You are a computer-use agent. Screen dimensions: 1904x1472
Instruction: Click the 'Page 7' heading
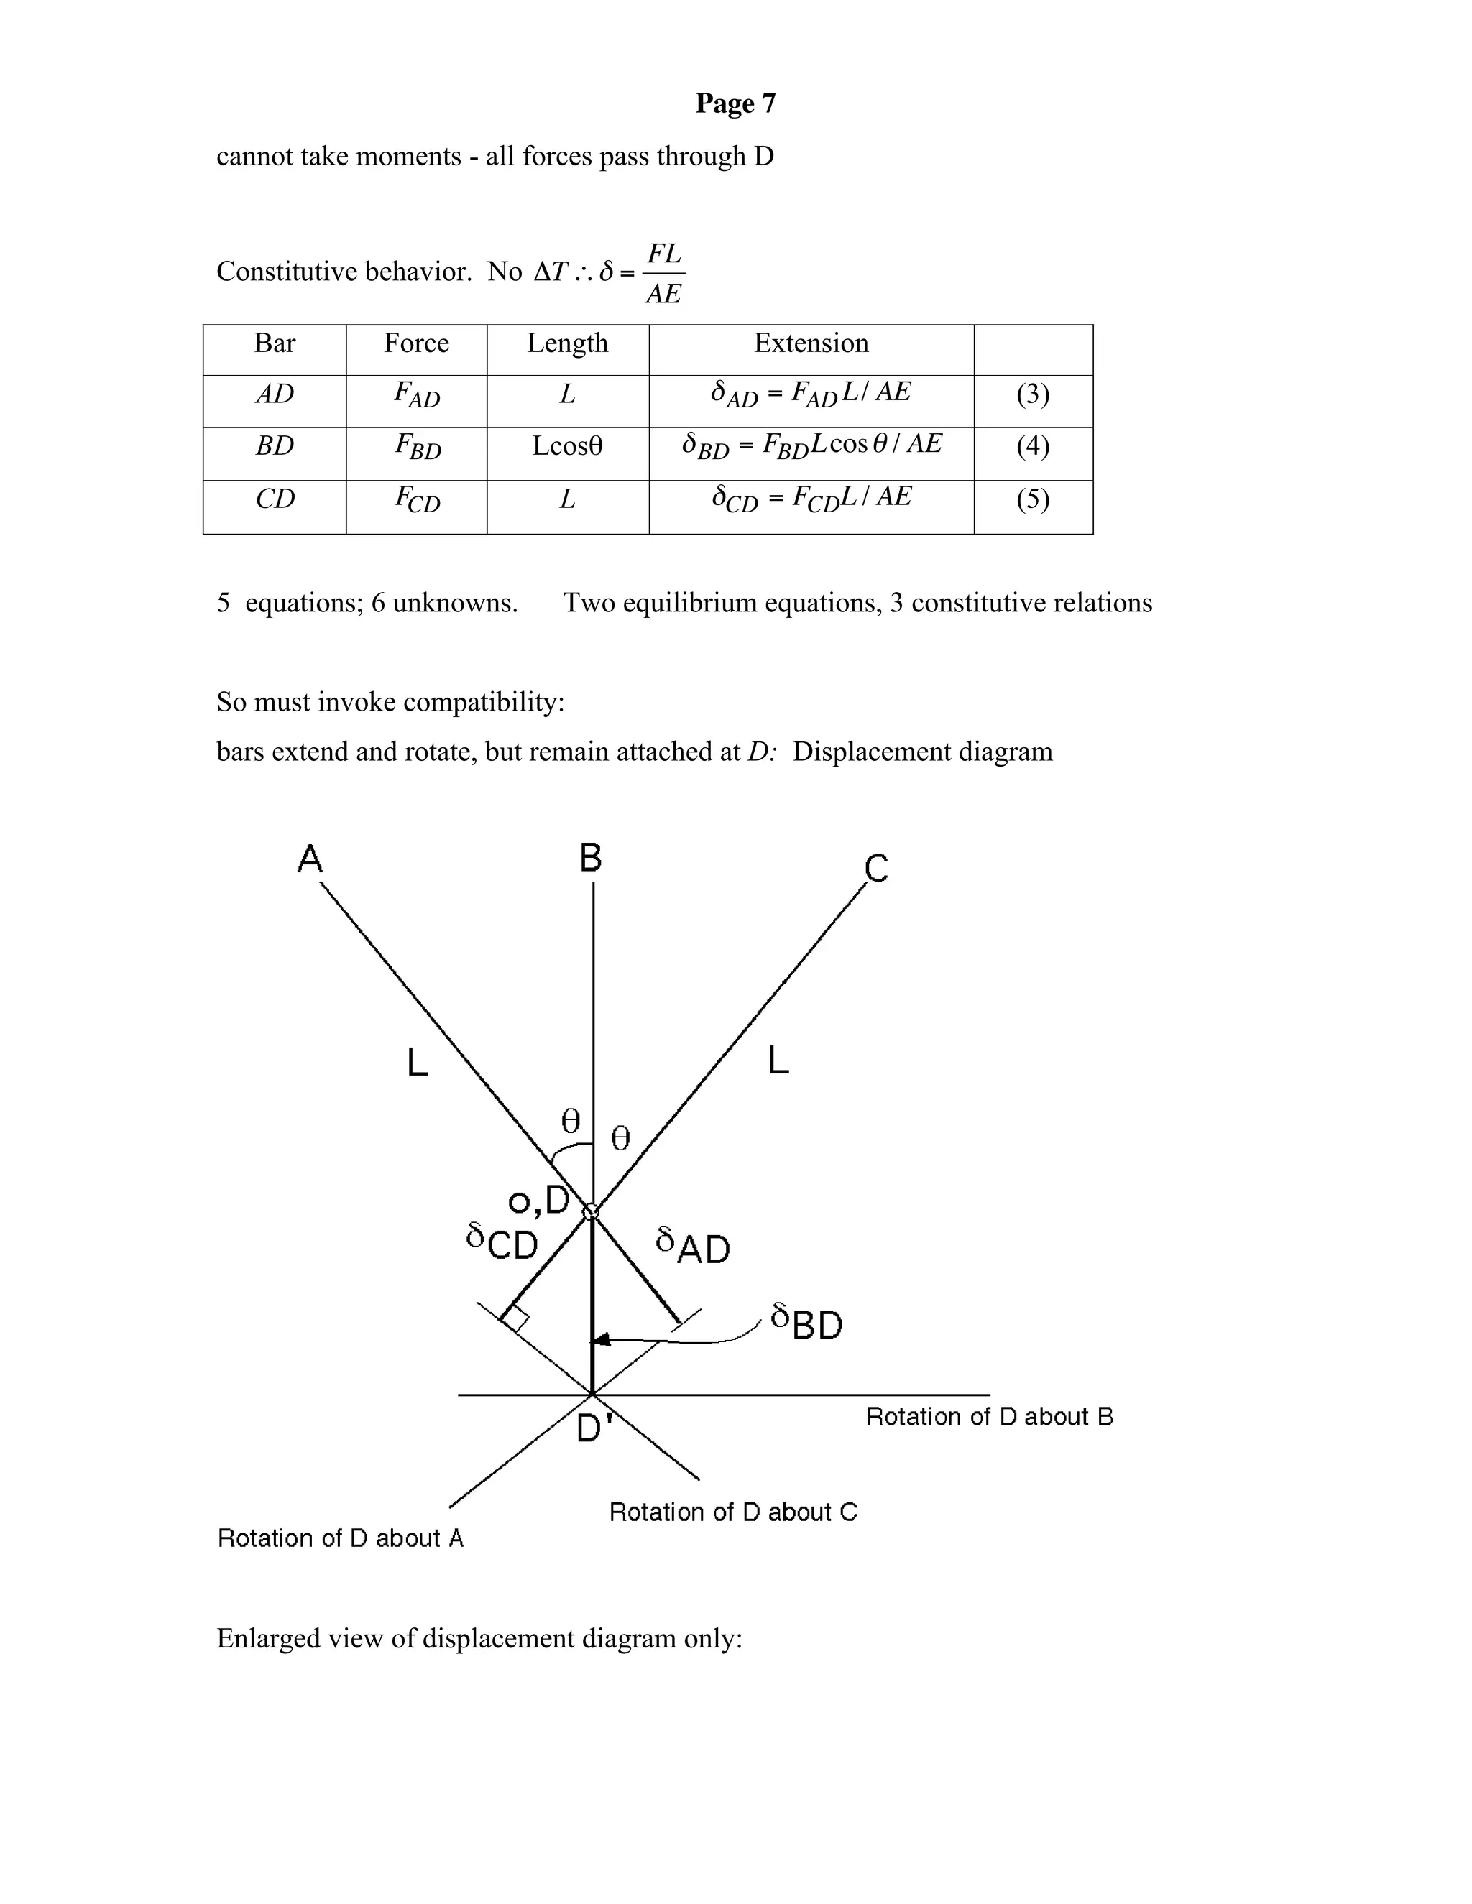[x=735, y=103]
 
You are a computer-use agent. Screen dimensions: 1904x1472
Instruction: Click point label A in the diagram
[x=310, y=859]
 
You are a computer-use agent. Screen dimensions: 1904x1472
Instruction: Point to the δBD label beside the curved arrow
[x=806, y=1323]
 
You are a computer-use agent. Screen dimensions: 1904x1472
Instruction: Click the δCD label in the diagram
[x=502, y=1242]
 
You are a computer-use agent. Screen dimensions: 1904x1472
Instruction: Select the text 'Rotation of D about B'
[x=989, y=1418]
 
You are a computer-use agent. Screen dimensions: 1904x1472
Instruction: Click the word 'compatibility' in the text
[x=483, y=702]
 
